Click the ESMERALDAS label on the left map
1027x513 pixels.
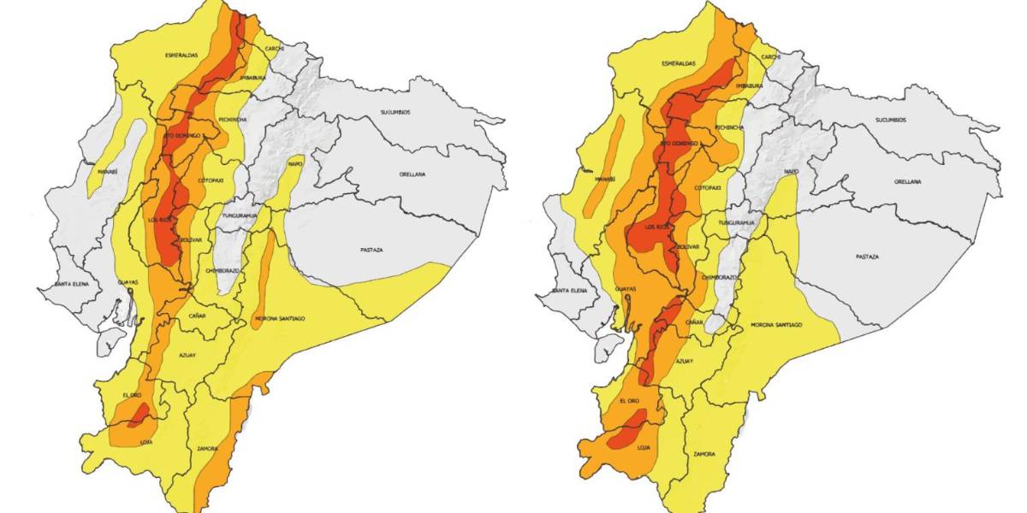click(181, 56)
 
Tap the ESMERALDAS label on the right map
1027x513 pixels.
click(679, 64)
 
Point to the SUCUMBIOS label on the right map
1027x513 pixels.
click(889, 121)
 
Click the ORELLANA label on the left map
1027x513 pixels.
click(415, 174)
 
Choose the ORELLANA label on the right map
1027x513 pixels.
click(907, 182)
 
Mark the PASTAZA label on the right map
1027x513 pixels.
click(867, 256)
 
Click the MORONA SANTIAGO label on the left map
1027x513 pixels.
click(280, 319)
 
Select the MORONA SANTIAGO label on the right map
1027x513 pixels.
click(775, 325)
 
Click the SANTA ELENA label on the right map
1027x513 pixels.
click(568, 292)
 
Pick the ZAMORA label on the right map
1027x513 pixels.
click(704, 454)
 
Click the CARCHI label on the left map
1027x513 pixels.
click(275, 50)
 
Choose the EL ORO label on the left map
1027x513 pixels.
click(131, 395)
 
